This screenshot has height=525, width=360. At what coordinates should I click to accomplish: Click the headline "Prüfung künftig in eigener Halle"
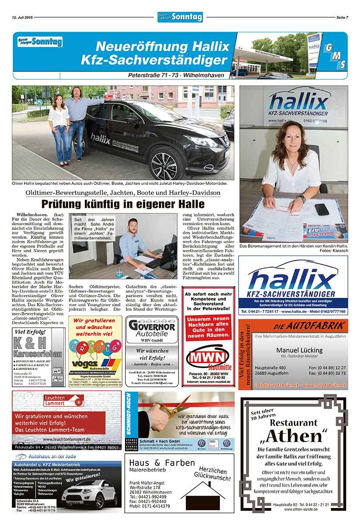(x=122, y=204)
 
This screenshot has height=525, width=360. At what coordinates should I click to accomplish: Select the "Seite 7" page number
(x=342, y=17)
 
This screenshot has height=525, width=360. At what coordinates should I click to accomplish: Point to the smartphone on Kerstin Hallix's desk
(x=322, y=209)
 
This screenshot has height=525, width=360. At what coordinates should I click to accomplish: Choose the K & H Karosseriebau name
(x=38, y=345)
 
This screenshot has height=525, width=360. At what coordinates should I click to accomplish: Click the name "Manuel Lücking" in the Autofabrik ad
(x=299, y=350)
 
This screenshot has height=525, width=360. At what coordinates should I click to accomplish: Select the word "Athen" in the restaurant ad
(x=294, y=436)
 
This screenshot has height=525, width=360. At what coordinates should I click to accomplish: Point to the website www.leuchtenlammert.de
(x=67, y=438)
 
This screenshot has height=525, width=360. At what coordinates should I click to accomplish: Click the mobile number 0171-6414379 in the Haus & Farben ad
(x=156, y=506)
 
